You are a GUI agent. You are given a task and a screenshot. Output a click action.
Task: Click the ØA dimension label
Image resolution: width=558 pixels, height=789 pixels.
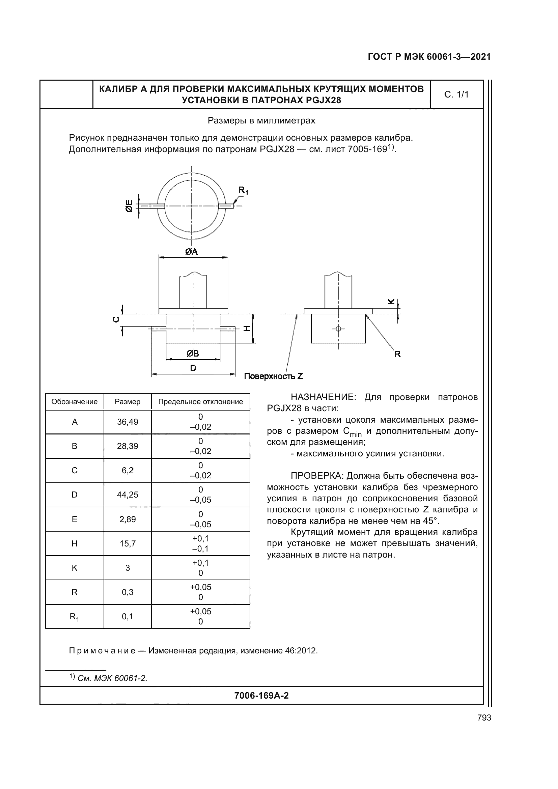(x=191, y=252)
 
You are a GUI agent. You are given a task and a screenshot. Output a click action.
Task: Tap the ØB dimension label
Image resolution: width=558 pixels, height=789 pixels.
(x=193, y=354)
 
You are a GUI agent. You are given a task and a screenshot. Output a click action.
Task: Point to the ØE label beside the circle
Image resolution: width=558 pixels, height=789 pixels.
(x=129, y=205)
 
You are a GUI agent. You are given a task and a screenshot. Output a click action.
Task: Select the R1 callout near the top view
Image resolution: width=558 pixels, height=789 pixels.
(x=243, y=190)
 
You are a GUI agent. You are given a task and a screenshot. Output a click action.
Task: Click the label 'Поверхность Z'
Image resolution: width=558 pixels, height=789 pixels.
(x=274, y=376)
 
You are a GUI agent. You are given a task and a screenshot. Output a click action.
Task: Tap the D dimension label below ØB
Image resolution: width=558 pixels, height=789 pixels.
(x=193, y=368)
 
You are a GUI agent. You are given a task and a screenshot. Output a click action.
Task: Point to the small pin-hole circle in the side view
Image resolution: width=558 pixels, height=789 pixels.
(x=338, y=329)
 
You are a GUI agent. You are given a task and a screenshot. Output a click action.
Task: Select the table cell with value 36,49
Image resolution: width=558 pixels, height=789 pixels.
(x=128, y=422)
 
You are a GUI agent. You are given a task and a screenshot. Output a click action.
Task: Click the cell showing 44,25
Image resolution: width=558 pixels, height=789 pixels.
(x=128, y=495)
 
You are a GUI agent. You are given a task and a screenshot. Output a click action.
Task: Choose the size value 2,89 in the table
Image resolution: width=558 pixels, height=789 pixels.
(x=128, y=519)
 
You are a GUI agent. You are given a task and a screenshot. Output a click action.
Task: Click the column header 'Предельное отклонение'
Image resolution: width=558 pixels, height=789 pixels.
(x=201, y=402)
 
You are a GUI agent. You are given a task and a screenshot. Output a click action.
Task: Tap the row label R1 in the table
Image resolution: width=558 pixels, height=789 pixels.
(x=75, y=617)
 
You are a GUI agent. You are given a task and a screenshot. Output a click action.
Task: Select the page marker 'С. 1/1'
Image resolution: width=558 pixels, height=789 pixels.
(x=456, y=95)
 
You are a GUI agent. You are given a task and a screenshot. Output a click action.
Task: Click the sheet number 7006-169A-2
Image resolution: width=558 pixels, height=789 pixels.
(x=261, y=696)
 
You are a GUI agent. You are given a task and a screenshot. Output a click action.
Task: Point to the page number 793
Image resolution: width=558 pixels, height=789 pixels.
(x=484, y=717)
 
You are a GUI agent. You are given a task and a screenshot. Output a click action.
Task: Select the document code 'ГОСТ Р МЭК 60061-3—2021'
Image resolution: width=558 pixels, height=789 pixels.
(x=429, y=57)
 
